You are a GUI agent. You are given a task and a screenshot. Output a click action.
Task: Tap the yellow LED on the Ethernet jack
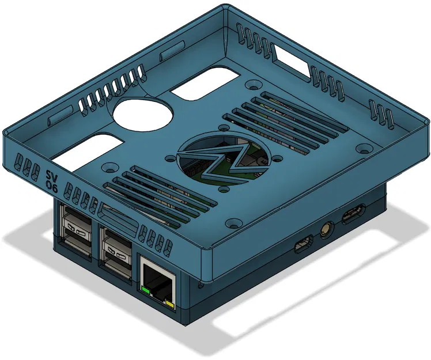coord(169,303)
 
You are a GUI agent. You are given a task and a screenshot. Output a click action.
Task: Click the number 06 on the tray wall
coord(51,185)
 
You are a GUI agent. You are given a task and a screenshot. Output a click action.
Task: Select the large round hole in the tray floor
coord(143,112)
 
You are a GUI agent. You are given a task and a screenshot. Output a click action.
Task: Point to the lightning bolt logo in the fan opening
coord(222,161)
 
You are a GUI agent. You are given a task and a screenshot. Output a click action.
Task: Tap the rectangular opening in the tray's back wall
coord(291,61)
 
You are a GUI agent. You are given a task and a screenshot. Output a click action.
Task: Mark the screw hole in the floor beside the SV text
coord(108,168)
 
